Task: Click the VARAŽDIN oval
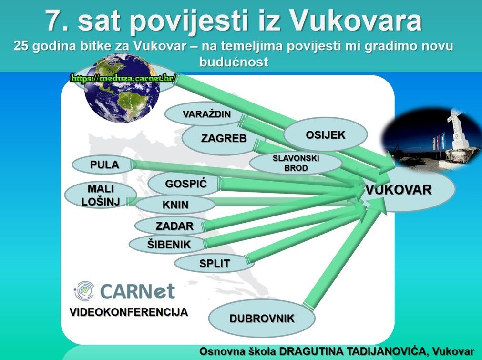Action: pyautogui.click(x=206, y=114)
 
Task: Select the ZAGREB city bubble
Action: pyautogui.click(x=224, y=138)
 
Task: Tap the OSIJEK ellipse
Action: pyautogui.click(x=325, y=134)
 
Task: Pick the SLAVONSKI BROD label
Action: pyautogui.click(x=296, y=163)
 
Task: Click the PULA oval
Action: pyautogui.click(x=104, y=165)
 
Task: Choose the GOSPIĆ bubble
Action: pyautogui.click(x=185, y=184)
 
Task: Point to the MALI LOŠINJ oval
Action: pyautogui.click(x=101, y=195)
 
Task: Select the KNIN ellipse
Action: pyautogui.click(x=175, y=205)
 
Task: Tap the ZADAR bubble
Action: pyautogui.click(x=174, y=226)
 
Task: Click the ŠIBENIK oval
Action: pyautogui.click(x=169, y=245)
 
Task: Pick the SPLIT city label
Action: pyautogui.click(x=214, y=264)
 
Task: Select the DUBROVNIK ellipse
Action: pyautogui.click(x=262, y=318)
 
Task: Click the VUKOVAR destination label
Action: pyautogui.click(x=399, y=190)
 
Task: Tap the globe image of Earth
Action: pyautogui.click(x=122, y=88)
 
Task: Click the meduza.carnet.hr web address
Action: pyautogui.click(x=123, y=78)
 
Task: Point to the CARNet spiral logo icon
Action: pyautogui.click(x=84, y=291)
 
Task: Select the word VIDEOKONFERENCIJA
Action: pyautogui.click(x=129, y=312)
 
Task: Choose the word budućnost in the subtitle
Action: pyautogui.click(x=234, y=62)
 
